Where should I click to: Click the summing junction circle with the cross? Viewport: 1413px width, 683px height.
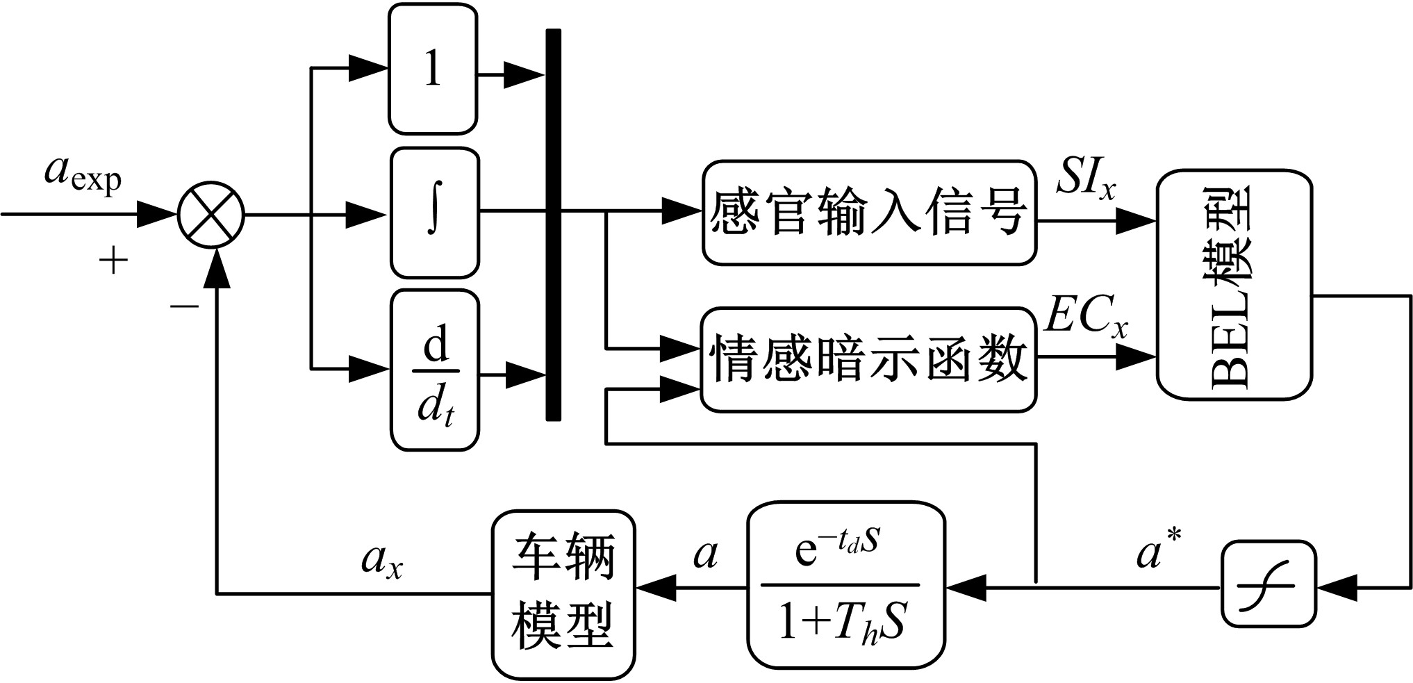pos(211,215)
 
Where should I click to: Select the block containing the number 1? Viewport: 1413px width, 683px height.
pos(433,69)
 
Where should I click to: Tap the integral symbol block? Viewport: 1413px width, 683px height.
pos(435,213)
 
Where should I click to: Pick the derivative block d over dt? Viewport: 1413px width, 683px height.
pos(435,370)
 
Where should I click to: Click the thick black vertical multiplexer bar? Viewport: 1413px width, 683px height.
pos(553,224)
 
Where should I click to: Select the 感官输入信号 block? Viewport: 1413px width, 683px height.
pos(868,213)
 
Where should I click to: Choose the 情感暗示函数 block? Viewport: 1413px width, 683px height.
pos(868,359)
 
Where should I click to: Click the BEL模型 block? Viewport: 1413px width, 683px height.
pos(1234,285)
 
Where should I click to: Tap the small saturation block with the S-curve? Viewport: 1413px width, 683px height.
pos(1269,584)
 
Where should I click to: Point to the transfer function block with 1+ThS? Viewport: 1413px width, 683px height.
pos(845,588)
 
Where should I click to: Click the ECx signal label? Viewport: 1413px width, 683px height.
pos(1086,318)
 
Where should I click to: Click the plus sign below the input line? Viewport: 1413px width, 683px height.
pos(114,262)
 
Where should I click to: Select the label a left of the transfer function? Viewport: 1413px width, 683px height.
pos(706,555)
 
